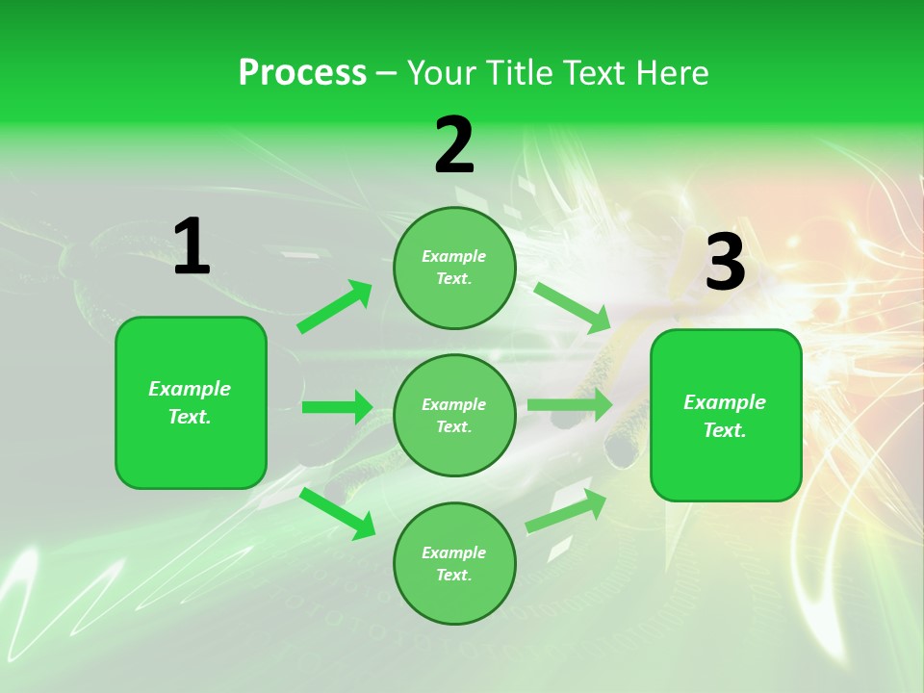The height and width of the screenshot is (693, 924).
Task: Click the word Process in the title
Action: coord(302,73)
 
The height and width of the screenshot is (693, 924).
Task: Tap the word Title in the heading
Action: coord(520,73)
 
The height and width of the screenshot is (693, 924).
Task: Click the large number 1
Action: coord(192,247)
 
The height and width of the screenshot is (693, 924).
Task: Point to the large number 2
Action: coord(454,145)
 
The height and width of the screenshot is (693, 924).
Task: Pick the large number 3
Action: coord(725,263)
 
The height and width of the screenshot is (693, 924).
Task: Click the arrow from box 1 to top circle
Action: coord(335,307)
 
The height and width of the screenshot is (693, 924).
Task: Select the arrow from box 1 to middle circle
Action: coord(337,407)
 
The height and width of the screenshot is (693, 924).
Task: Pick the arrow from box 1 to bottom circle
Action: coord(338,513)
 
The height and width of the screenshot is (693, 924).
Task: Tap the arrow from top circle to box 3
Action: coord(573,307)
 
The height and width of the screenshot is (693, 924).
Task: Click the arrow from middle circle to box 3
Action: coord(570,405)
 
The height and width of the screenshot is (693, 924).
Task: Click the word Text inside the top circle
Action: coord(452,279)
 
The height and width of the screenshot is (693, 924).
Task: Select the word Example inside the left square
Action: coord(190,389)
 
